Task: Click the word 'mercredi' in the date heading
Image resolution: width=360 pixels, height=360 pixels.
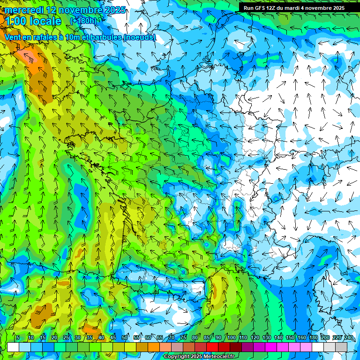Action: point(23,10)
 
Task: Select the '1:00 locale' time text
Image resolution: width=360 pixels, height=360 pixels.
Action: point(33,21)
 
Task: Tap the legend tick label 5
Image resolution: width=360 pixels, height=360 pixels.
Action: point(18,337)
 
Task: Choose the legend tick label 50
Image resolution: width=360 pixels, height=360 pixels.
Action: point(125,337)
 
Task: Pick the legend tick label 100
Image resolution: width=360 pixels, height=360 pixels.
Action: point(232,337)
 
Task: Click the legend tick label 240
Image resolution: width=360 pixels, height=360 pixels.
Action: point(349,337)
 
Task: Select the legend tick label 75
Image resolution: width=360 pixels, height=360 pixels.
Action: point(183,337)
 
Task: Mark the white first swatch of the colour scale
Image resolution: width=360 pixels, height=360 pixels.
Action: point(13,347)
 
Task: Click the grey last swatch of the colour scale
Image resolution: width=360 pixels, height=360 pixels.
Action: point(341,347)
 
